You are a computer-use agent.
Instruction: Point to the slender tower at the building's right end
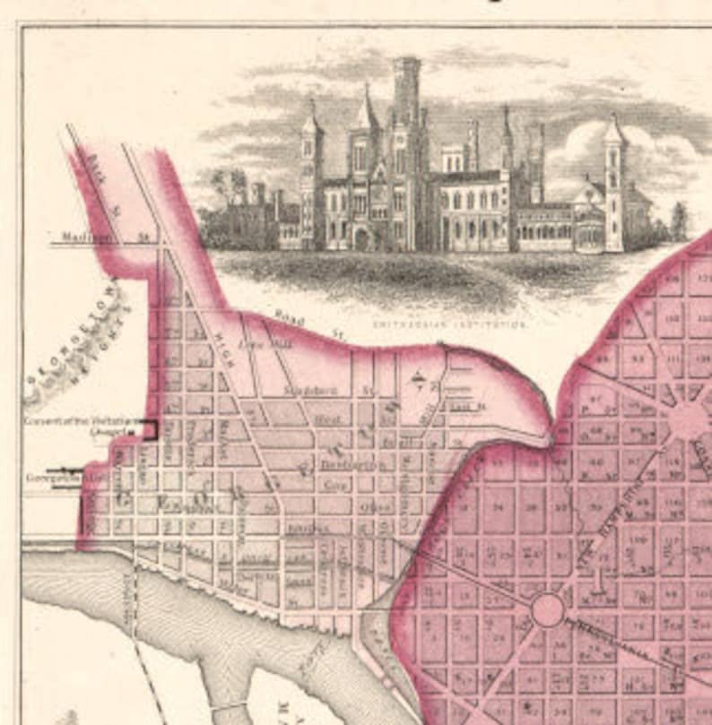614,184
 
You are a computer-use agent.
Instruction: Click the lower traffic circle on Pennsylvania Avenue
547,610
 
